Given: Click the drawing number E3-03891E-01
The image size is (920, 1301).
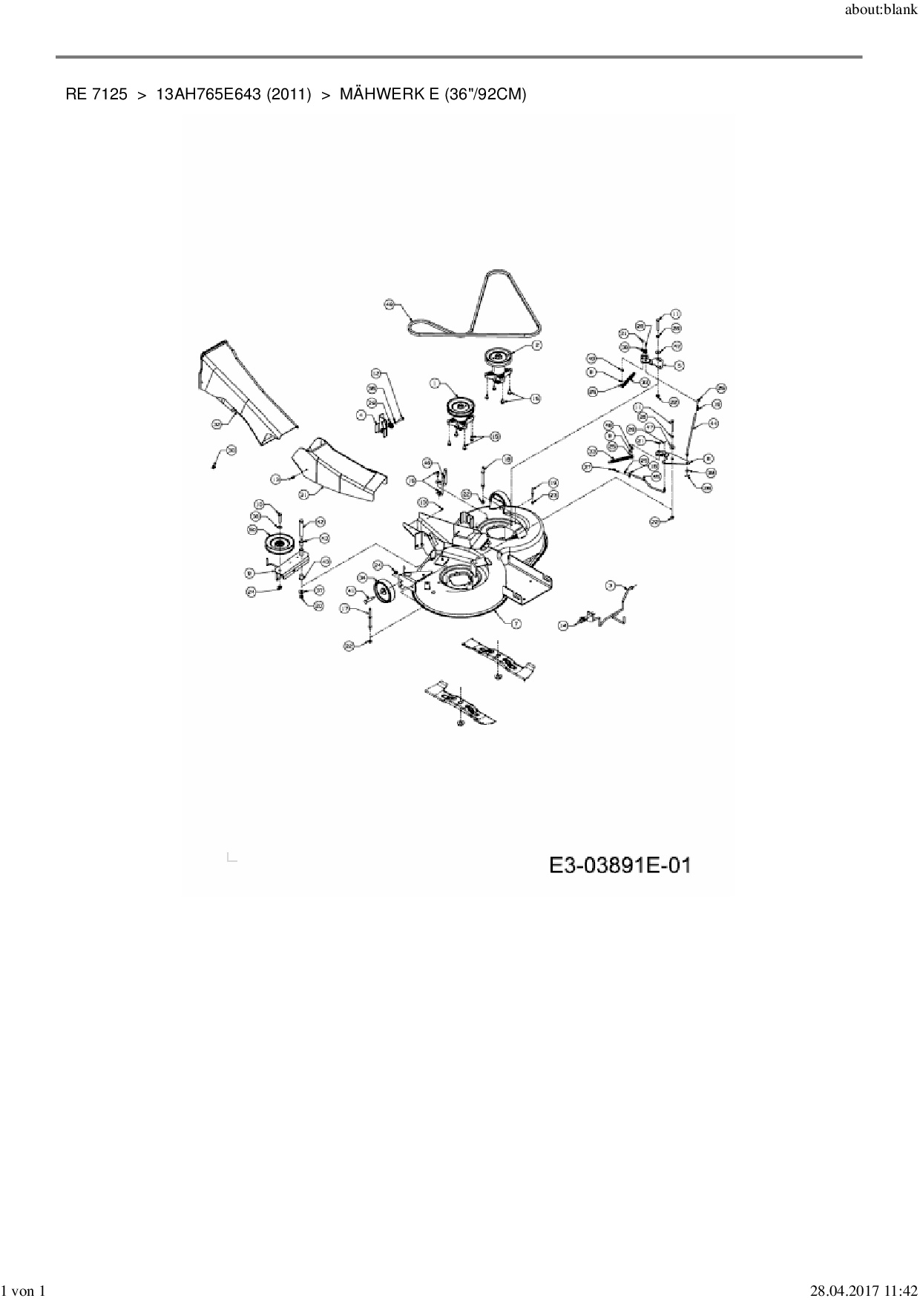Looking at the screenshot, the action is pyautogui.click(x=620, y=865).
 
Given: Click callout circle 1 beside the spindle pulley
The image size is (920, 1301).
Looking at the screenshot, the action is pyautogui.click(x=436, y=383).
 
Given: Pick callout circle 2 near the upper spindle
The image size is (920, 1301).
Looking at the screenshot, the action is pyautogui.click(x=536, y=344).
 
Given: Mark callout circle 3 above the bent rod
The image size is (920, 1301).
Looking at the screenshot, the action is pyautogui.click(x=611, y=585).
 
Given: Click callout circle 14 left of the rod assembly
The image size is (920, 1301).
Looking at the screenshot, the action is pyautogui.click(x=563, y=625).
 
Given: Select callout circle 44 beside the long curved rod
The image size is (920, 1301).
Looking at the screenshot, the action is pyautogui.click(x=713, y=423).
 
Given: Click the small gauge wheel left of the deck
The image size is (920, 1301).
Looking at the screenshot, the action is pyautogui.click(x=385, y=592).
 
